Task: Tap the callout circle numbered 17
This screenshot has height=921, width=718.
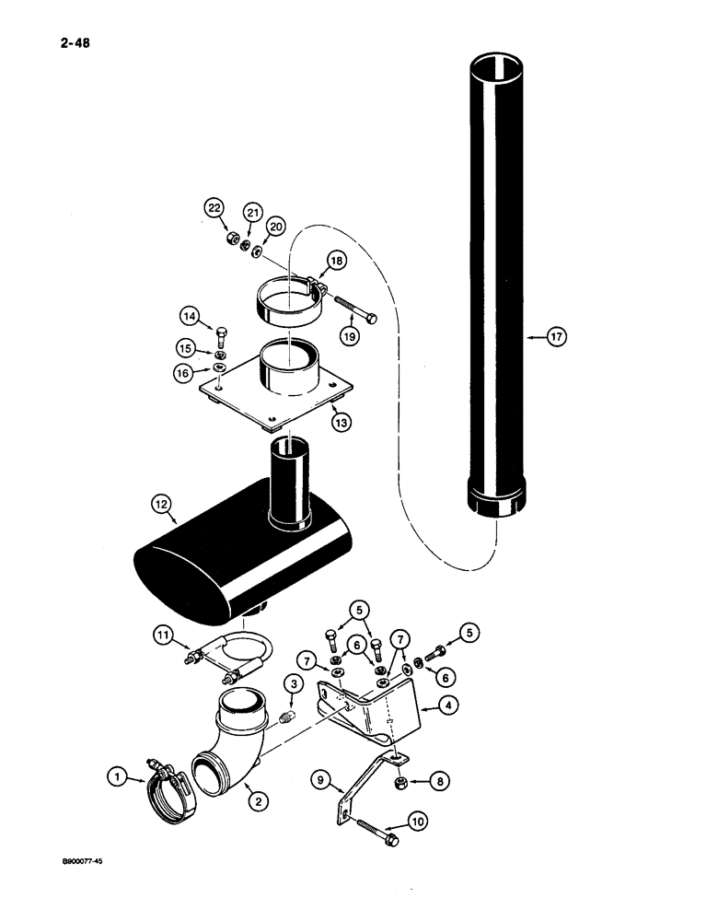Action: pos(558,338)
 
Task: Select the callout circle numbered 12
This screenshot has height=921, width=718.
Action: pos(162,504)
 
